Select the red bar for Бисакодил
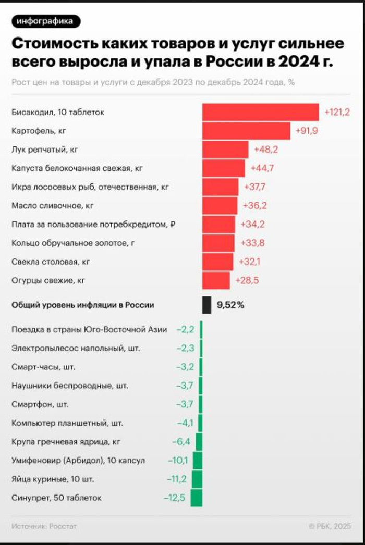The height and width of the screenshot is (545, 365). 260,112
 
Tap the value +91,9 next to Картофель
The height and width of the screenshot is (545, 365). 307,131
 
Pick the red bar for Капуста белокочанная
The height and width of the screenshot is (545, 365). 223,168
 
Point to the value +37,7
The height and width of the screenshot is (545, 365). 255,187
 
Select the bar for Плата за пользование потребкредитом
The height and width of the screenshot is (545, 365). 218,225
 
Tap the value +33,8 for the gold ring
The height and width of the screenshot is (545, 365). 253,243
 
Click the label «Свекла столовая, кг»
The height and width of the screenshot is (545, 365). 51,262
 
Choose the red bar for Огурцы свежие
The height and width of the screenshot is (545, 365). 216,281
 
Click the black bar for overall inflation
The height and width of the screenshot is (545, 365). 206,305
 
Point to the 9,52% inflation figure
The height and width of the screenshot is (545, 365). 230,305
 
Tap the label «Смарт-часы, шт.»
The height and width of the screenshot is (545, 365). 43,367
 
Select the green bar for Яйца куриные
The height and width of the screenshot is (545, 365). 197,479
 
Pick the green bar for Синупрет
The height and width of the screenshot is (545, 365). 196,498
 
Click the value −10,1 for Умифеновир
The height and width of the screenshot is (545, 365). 178,461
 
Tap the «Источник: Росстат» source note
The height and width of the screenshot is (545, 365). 44,526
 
